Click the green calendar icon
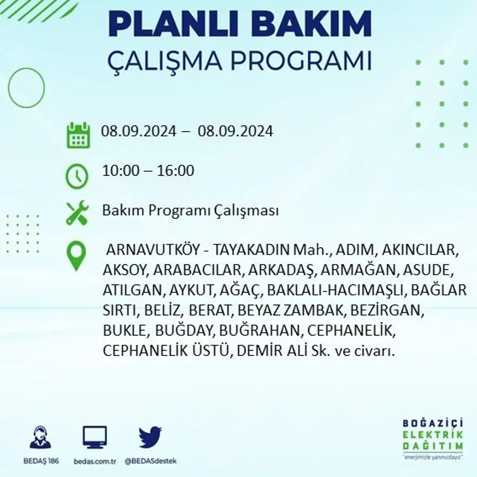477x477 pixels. [x=78, y=136]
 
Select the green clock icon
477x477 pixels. [x=77, y=176]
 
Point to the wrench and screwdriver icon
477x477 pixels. [x=77, y=212]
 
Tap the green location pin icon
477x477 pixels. [x=76, y=255]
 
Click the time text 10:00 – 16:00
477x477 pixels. [x=148, y=171]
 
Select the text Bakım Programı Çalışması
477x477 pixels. [x=190, y=210]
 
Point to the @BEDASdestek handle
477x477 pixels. [x=151, y=461]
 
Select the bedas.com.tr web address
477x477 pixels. [x=95, y=461]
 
